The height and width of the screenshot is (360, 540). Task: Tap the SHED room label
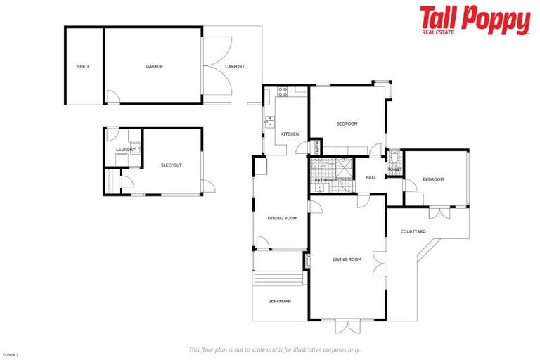click(83, 67)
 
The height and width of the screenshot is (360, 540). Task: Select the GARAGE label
click(155, 67)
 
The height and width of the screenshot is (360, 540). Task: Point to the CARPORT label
click(235, 67)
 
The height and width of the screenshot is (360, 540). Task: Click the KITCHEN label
click(290, 134)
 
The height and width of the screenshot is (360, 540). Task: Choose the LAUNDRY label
click(125, 150)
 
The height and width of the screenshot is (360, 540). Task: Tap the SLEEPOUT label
click(171, 165)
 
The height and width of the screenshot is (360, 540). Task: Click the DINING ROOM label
click(282, 218)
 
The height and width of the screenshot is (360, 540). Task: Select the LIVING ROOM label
click(347, 259)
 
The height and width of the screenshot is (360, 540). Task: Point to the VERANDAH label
click(279, 301)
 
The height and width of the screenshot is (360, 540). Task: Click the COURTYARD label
click(413, 231)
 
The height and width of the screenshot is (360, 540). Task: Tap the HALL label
click(371, 177)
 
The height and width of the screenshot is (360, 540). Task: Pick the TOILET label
click(394, 169)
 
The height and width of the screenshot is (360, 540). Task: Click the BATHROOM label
click(326, 180)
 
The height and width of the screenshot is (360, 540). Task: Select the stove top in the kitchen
click(283, 91)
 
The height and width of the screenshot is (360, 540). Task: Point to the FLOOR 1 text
click(11, 355)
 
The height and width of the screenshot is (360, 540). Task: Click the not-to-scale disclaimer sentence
click(274, 349)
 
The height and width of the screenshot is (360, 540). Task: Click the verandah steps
click(280, 278)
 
